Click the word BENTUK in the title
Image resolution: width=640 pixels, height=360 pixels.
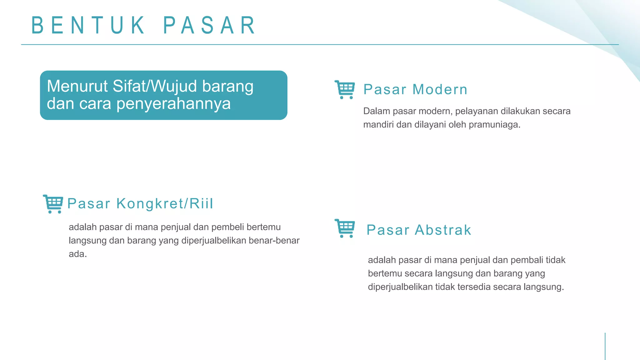click(88, 26)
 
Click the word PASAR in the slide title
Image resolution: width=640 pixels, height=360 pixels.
click(210, 26)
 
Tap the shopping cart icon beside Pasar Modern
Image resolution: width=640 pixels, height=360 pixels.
click(345, 90)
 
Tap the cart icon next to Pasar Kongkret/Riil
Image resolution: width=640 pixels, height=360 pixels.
click(53, 204)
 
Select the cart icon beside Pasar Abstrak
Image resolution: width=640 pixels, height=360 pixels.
click(345, 228)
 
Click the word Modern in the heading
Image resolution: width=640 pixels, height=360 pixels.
click(440, 90)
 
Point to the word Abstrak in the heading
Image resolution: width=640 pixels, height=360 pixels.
click(443, 230)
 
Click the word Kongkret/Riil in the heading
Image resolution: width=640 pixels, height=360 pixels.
click(165, 204)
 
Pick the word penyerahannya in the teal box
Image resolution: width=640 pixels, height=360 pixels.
click(173, 104)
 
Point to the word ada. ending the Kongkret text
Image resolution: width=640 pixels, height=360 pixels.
click(77, 254)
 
